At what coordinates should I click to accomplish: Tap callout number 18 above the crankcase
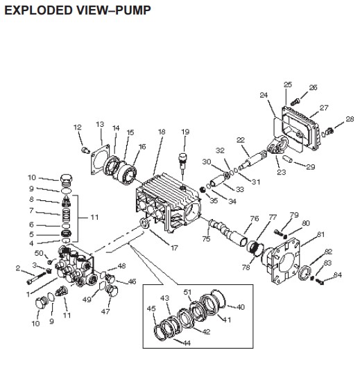pyautogui.click(x=162, y=132)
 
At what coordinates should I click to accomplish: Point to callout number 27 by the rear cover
pyautogui.click(x=323, y=108)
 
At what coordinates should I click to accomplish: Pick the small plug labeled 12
pyautogui.click(x=85, y=150)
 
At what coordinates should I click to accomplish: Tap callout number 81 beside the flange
pyautogui.click(x=320, y=235)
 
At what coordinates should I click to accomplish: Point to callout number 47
pyautogui.click(x=106, y=312)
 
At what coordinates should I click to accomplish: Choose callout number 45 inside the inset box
pyautogui.click(x=151, y=308)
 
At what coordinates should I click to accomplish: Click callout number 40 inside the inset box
pyautogui.click(x=241, y=306)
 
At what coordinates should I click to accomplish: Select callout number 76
pyautogui.click(x=255, y=218)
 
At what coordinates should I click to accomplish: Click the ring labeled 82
pyautogui.click(x=303, y=272)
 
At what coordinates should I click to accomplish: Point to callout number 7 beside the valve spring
pyautogui.click(x=50, y=211)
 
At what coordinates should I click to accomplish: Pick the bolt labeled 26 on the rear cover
pyautogui.click(x=296, y=99)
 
